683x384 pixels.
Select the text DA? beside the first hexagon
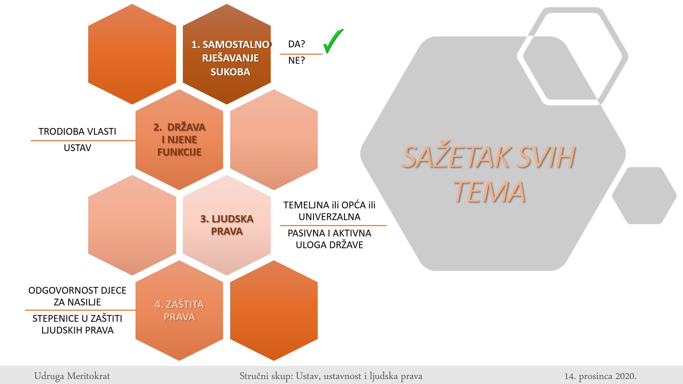click(297, 44)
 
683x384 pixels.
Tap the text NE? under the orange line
click(297, 60)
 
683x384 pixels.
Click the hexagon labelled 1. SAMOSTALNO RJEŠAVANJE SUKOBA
click(227, 54)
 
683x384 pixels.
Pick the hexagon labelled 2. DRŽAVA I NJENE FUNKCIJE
click(179, 139)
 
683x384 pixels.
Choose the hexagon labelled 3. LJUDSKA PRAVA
click(227, 225)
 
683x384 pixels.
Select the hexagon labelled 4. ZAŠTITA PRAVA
click(179, 310)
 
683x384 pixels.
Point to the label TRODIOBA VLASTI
click(78, 132)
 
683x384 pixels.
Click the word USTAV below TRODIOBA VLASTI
click(78, 148)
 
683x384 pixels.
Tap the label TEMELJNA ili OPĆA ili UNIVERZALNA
click(329, 211)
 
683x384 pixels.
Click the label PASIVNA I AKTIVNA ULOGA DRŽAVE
click(329, 239)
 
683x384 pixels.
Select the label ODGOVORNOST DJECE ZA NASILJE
click(78, 296)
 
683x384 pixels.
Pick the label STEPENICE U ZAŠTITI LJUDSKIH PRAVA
click(78, 324)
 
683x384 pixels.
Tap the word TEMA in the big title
click(489, 192)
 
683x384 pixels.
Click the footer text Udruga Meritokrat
click(72, 376)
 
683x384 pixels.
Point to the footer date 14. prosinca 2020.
click(600, 376)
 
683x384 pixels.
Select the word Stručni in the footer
click(254, 376)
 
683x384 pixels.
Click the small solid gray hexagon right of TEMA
click(644, 196)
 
